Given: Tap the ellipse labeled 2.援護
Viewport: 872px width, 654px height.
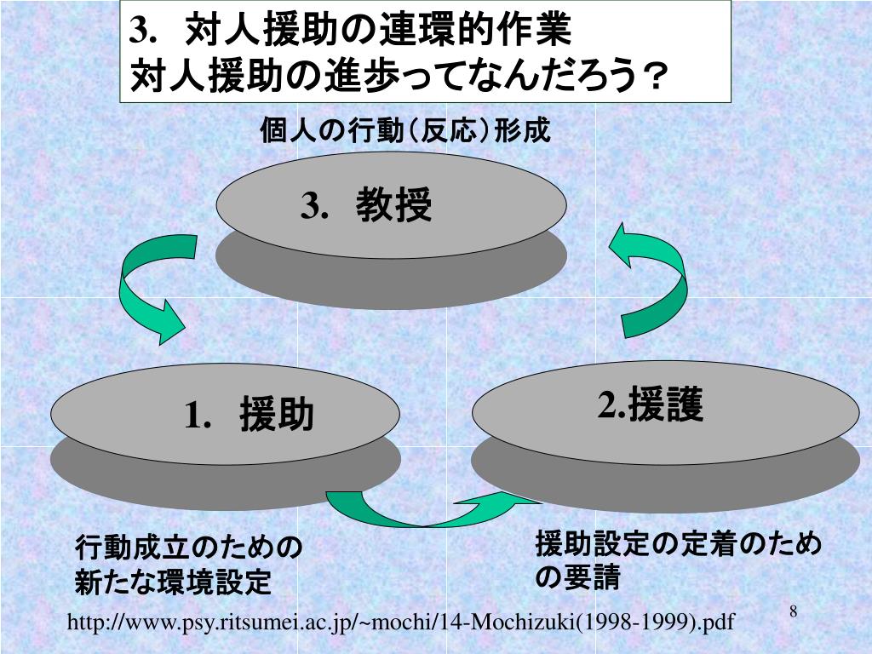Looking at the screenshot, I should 665,408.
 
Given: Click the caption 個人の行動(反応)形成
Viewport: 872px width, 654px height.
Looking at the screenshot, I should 405,132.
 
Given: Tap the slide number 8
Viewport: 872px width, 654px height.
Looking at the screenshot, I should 793,612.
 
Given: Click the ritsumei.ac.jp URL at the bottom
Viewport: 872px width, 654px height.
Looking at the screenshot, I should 400,623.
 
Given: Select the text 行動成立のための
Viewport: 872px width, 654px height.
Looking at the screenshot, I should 189,548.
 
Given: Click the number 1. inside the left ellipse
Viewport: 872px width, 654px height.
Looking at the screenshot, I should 198,416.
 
